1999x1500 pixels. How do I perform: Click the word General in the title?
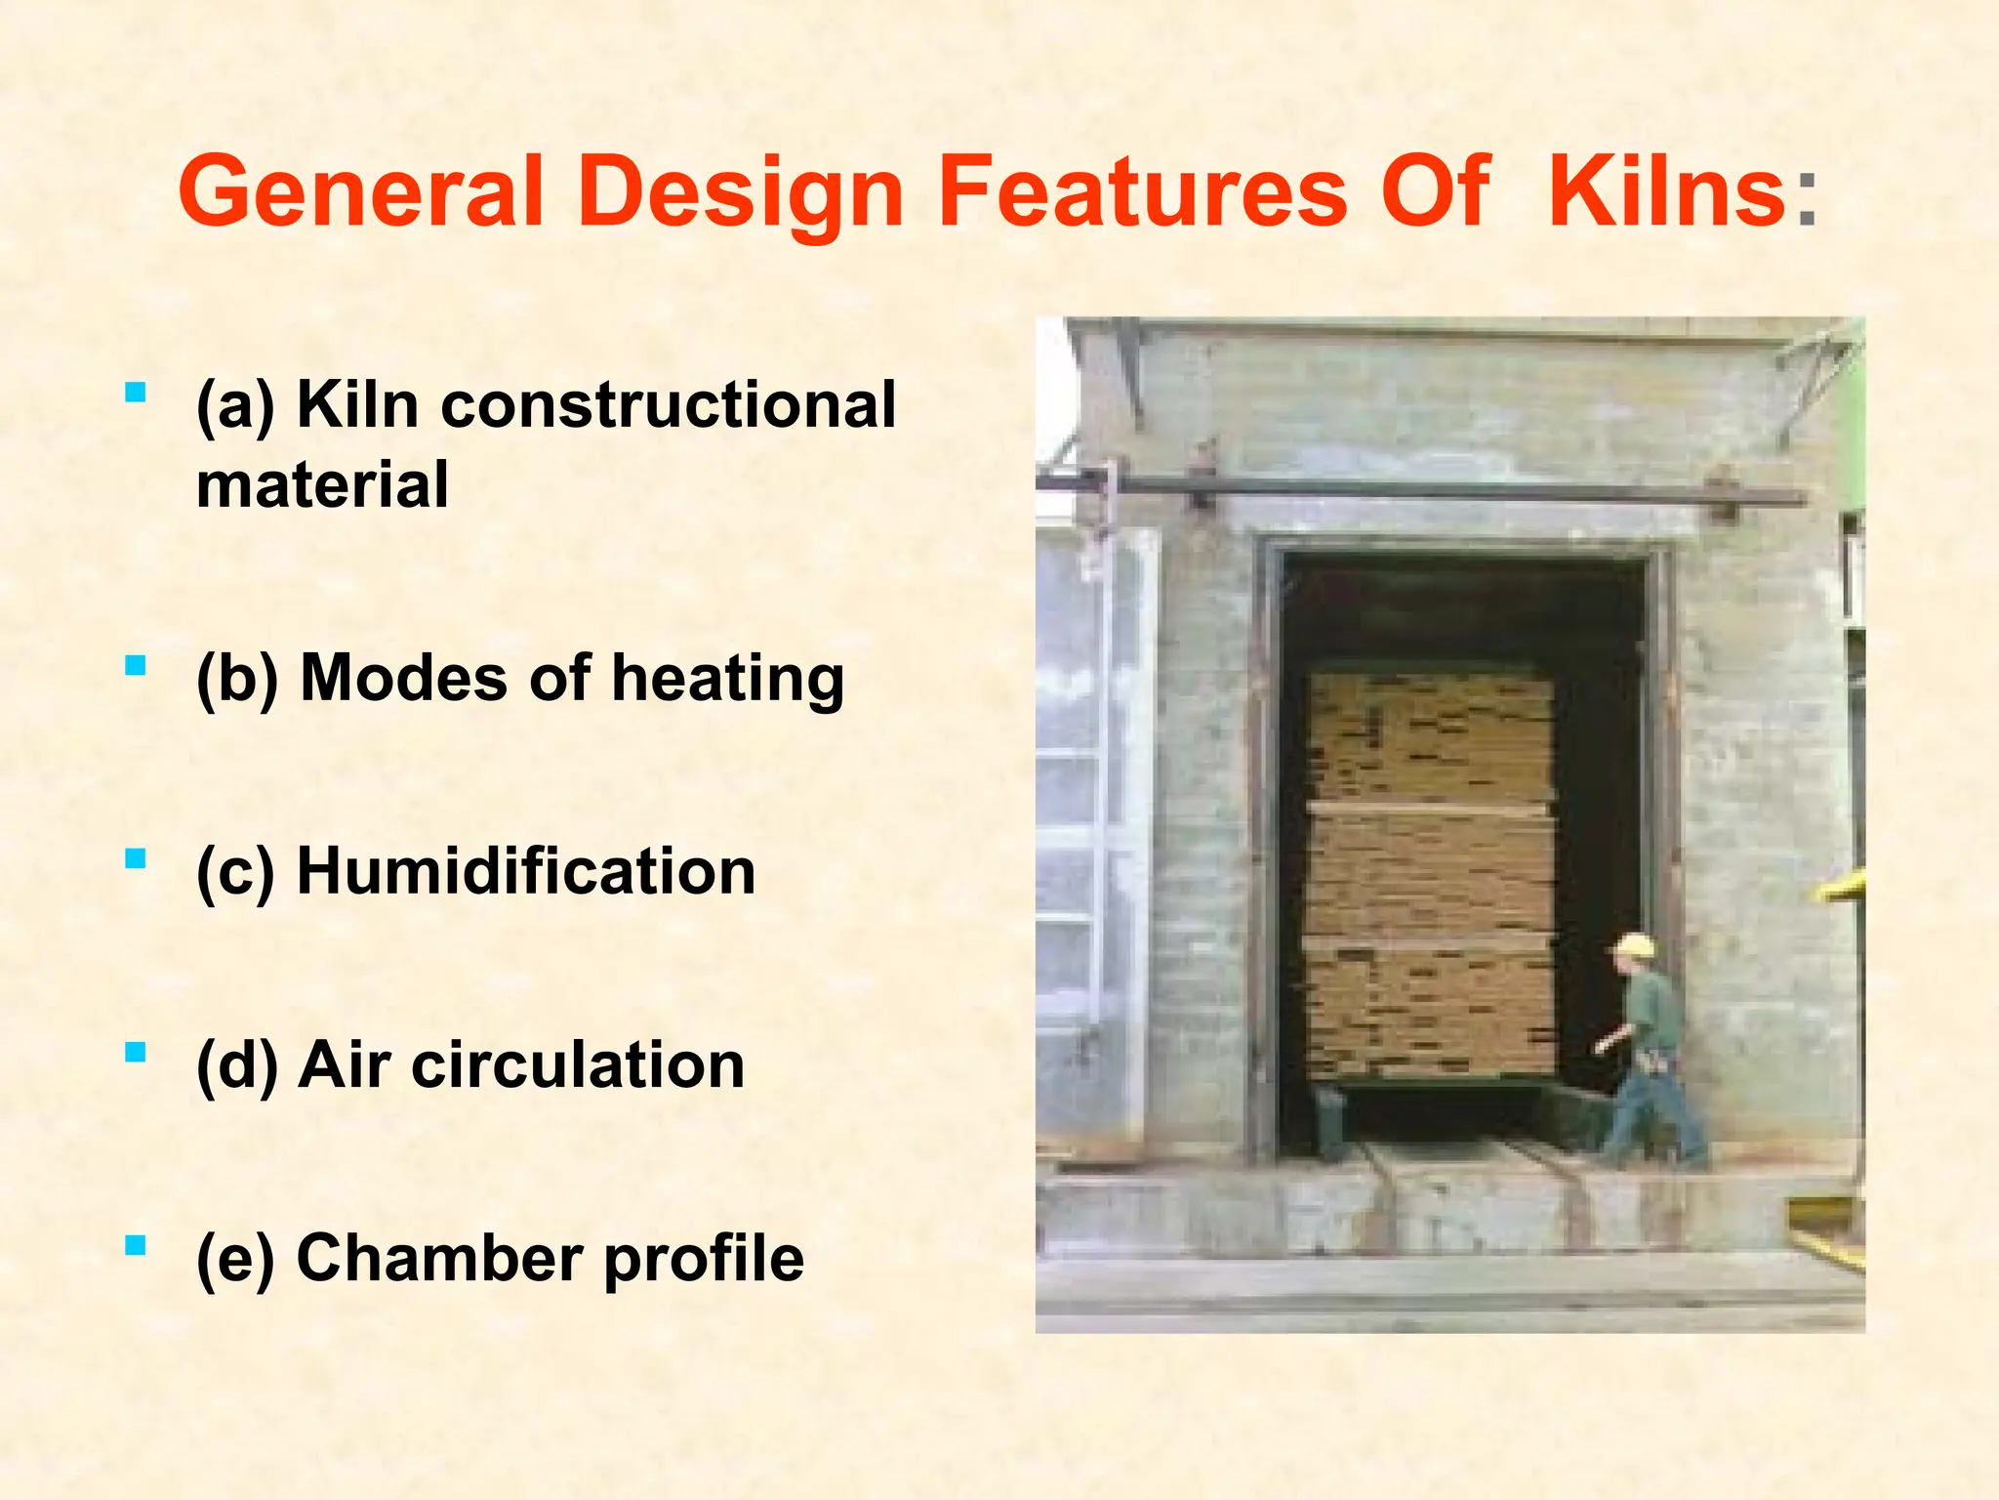coord(361,193)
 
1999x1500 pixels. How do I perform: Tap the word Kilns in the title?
coord(1666,193)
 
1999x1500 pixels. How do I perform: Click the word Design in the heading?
coord(741,193)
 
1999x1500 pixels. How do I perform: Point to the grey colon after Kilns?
coord(1806,200)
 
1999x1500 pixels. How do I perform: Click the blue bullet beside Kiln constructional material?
coord(136,394)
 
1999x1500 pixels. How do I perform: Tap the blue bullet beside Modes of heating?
coord(136,667)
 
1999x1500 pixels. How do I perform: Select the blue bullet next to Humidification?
coord(136,859)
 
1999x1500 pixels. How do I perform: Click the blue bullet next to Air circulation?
coord(136,1053)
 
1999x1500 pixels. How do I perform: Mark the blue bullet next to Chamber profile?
coord(136,1246)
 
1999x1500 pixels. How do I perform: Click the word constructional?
coord(668,404)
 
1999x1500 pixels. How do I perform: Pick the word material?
coord(322,485)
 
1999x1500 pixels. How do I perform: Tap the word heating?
coord(727,679)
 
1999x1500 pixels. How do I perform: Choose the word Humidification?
coord(525,871)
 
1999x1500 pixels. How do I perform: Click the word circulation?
coord(578,1064)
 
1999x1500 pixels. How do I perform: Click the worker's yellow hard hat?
coord(1635,945)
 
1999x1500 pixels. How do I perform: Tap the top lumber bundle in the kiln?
coord(1430,737)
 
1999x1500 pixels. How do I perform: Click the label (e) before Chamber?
coord(235,1260)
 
